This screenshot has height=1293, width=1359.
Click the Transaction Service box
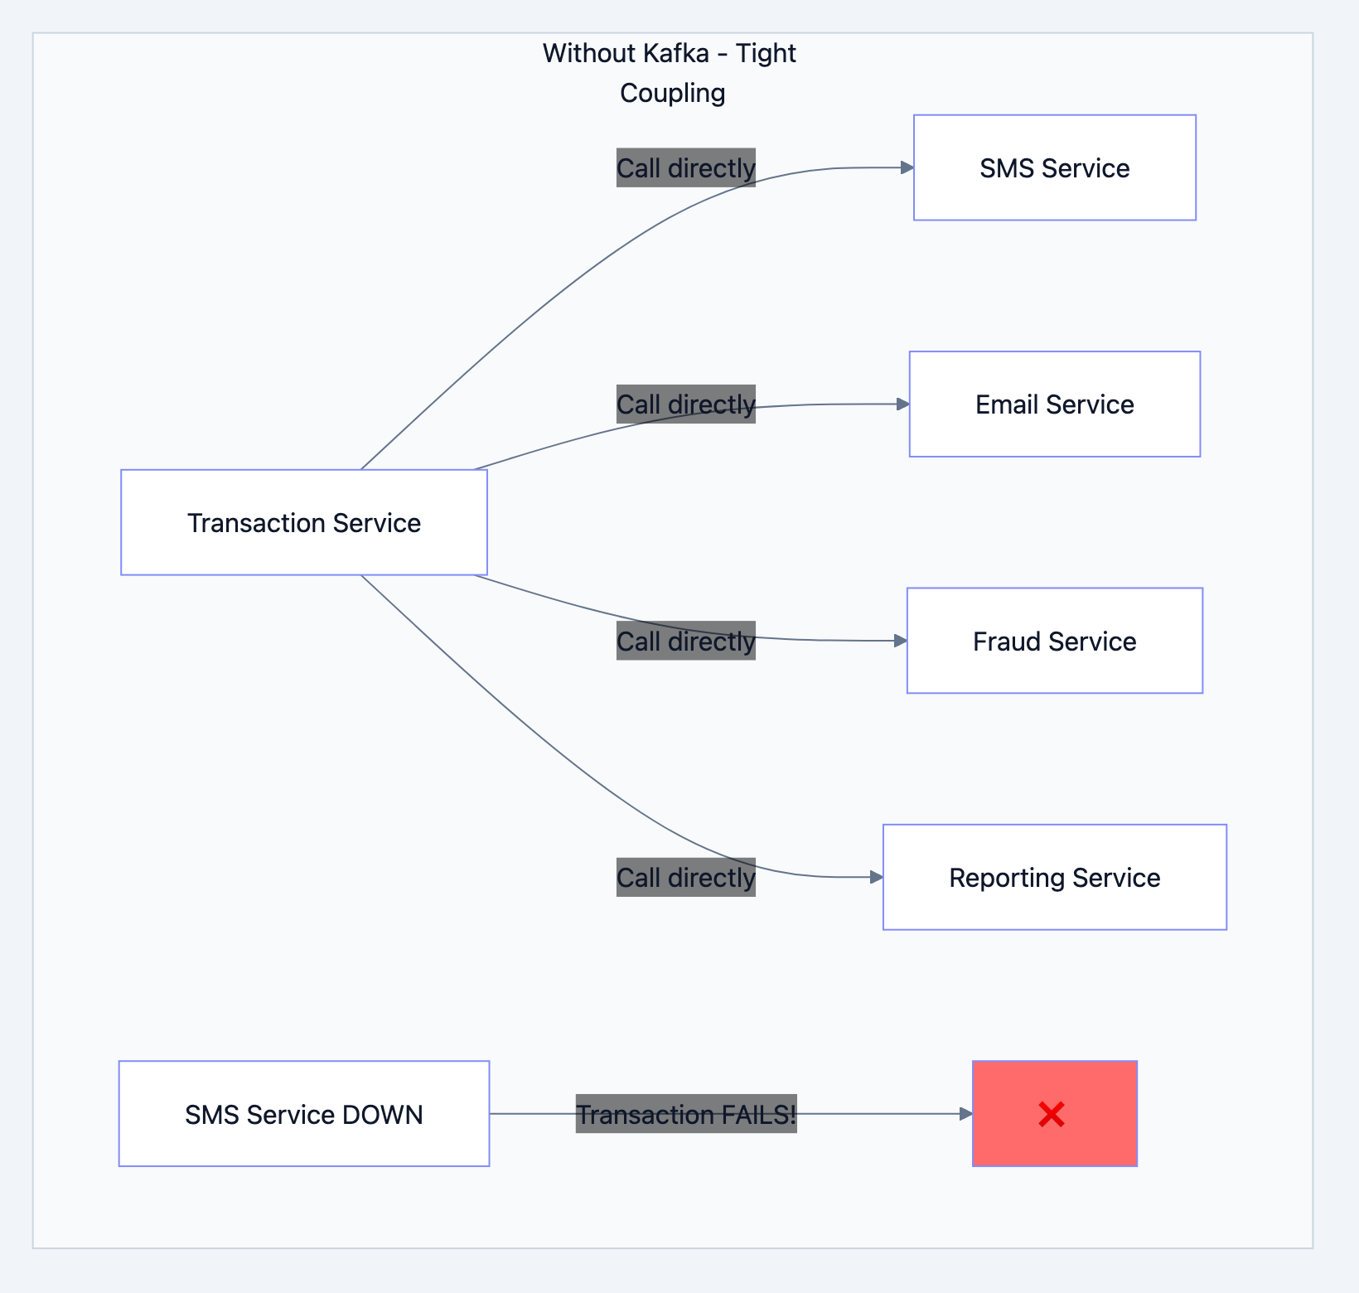point(304,522)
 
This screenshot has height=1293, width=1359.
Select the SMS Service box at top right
point(1054,167)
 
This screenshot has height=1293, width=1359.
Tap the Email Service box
point(1054,404)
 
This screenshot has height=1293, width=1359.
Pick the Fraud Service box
point(1054,641)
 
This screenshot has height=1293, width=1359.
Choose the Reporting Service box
point(1054,877)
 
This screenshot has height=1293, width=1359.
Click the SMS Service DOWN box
point(304,1114)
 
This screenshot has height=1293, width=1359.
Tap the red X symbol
point(1052,1115)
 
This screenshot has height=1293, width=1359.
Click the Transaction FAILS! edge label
point(686,1114)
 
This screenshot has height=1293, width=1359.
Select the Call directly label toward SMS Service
point(686,167)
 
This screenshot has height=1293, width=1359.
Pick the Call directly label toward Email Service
point(686,404)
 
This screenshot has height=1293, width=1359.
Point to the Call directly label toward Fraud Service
point(686,641)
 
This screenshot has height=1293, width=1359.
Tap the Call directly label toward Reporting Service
point(686,877)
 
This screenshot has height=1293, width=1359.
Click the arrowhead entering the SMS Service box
point(907,167)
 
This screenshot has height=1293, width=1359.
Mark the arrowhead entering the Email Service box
point(903,404)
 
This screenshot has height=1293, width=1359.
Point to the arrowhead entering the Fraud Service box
point(901,641)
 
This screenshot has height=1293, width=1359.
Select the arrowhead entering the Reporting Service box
point(877,877)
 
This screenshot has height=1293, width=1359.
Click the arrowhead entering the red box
point(966,1114)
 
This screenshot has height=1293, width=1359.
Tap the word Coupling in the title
point(672,93)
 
